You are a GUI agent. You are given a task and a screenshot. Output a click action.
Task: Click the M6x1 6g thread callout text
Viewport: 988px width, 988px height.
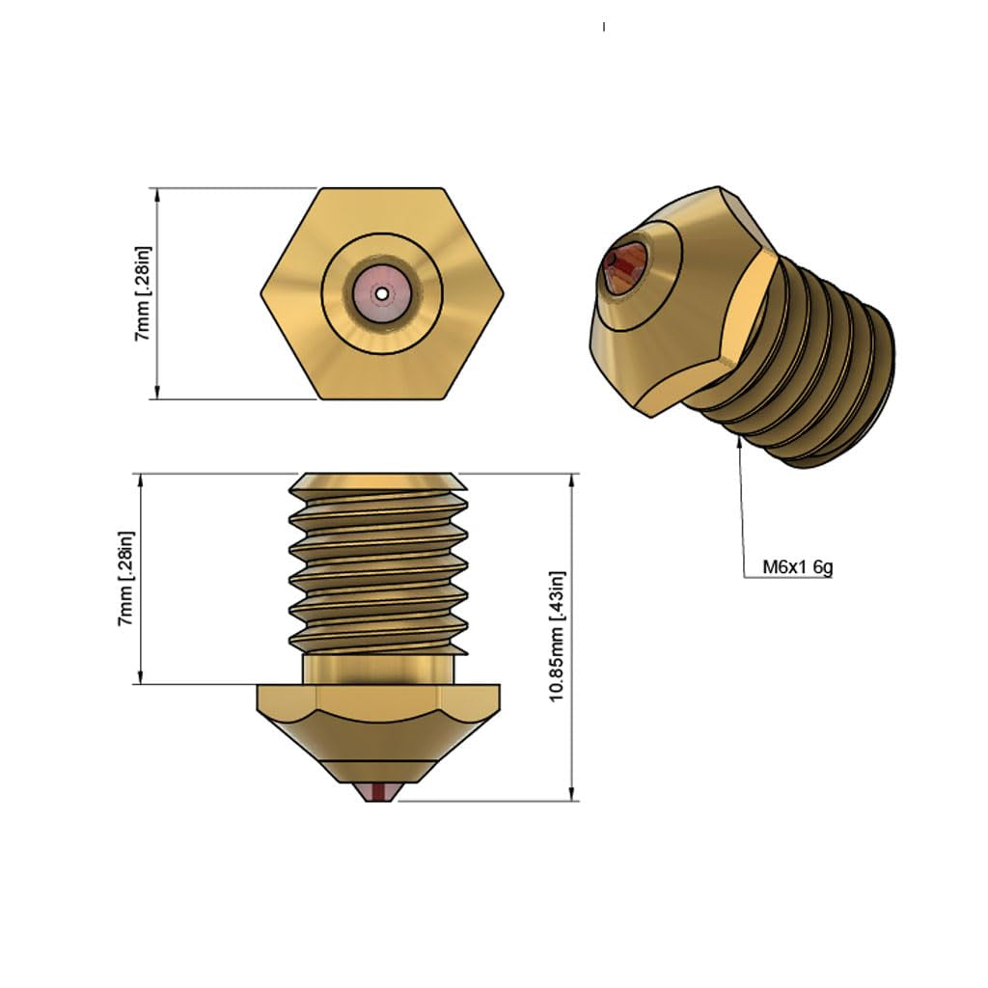click(x=797, y=567)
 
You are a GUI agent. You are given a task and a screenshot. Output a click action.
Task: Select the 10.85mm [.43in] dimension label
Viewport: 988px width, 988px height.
click(x=557, y=637)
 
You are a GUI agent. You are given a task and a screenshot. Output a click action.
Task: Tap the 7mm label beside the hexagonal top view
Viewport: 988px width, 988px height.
click(x=143, y=293)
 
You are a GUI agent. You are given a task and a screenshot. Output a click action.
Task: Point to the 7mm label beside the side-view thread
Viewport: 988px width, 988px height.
click(x=125, y=579)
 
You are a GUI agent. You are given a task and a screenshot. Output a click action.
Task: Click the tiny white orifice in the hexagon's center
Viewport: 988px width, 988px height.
click(x=382, y=292)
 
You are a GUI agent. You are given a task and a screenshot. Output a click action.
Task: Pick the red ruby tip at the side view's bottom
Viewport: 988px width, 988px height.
click(x=377, y=792)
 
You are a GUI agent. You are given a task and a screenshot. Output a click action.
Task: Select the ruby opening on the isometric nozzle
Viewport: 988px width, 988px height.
click(x=624, y=266)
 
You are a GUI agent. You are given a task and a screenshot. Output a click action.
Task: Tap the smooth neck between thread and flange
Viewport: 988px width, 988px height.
click(x=377, y=669)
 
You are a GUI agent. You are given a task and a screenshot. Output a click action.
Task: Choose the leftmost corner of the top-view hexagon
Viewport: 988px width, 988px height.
click(x=261, y=292)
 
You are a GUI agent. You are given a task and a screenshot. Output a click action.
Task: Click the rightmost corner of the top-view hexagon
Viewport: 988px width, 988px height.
click(x=503, y=292)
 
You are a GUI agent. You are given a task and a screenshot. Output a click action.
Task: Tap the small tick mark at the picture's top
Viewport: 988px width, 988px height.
click(x=604, y=27)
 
